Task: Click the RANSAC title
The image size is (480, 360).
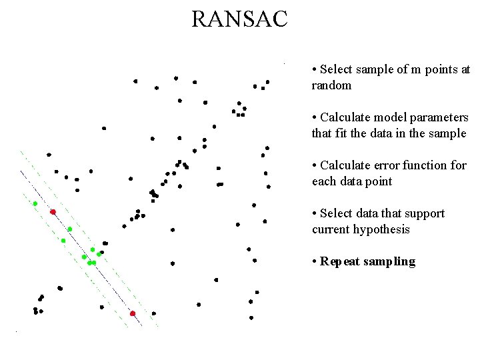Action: point(239,19)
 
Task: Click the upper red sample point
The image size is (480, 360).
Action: point(53,212)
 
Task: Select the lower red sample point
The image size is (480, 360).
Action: point(133,313)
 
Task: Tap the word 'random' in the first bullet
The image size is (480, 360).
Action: point(331,85)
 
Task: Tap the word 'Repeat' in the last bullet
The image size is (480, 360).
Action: point(340,261)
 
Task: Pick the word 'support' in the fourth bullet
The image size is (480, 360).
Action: point(422,213)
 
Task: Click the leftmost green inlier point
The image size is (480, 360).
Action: point(35,203)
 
